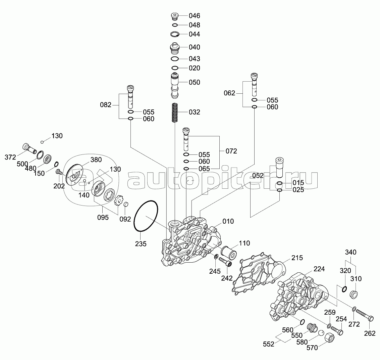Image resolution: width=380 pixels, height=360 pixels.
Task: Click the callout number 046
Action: pos(195,16)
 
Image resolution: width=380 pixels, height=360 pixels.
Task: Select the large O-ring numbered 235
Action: pos(146,216)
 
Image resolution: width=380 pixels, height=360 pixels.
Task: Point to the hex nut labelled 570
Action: pos(330,337)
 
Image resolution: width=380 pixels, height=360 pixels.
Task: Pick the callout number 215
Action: pos(297,258)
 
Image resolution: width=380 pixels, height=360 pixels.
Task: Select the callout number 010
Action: pos(228,221)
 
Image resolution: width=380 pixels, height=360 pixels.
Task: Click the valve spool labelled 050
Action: pos(175,85)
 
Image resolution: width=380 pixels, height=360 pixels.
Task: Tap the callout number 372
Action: pos(10,157)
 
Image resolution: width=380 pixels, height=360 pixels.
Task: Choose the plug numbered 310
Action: pos(354,294)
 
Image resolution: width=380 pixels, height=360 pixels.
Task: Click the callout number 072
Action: pos(231,151)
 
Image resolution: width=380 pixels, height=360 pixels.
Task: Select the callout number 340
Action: pos(350,252)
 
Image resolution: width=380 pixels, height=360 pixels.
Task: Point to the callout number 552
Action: pos(269,344)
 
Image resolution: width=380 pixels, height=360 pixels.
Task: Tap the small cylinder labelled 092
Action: pos(126,204)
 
